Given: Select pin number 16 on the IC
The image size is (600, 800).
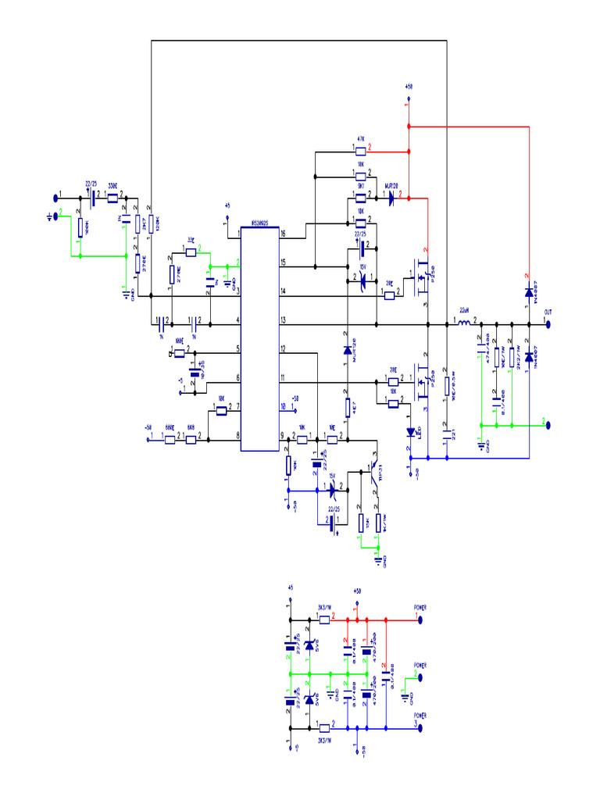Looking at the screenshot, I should pos(283,234).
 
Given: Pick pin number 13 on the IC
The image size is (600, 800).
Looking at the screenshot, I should pos(283,321).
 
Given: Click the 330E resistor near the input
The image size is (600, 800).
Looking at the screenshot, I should pos(112,198).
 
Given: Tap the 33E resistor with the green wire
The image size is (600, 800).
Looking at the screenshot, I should pos(191,252).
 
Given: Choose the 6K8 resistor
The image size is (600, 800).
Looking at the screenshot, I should pos(191,440).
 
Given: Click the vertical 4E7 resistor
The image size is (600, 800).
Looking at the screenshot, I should pos(347,407).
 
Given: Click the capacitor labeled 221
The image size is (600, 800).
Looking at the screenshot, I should pos(446,430).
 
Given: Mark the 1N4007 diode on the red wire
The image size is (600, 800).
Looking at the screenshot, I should pos(529,293).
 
